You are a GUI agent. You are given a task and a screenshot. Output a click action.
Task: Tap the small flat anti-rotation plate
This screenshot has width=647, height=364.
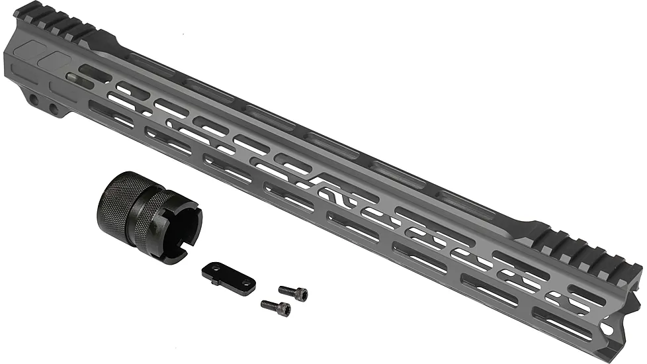point(229,277)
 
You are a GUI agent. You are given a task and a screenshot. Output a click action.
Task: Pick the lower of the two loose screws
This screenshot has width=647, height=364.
point(276,307)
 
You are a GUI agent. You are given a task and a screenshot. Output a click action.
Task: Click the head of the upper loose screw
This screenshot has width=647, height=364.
point(302,293)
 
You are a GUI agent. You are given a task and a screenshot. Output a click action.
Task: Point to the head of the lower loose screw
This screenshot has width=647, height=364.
point(284,309)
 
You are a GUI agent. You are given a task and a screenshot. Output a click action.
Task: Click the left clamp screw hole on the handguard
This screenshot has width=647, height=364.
point(33,99)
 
